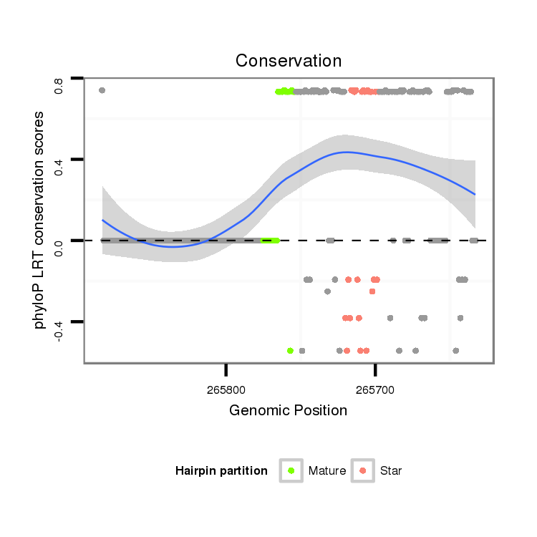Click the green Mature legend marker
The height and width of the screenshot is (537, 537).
pos(291,470)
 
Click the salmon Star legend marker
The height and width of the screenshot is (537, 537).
pos(363,470)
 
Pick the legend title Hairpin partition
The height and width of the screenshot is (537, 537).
pos(221,470)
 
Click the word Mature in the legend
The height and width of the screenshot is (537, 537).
pos(327,470)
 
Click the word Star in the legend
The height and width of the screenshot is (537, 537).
pos(391,470)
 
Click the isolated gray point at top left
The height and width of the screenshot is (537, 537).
pos(102,90)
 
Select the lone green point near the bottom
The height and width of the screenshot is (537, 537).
pos(290,351)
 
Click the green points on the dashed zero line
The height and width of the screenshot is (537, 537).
pos(271,241)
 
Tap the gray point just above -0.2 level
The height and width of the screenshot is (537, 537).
pos(327,291)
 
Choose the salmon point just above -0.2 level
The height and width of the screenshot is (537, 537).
pos(372,291)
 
